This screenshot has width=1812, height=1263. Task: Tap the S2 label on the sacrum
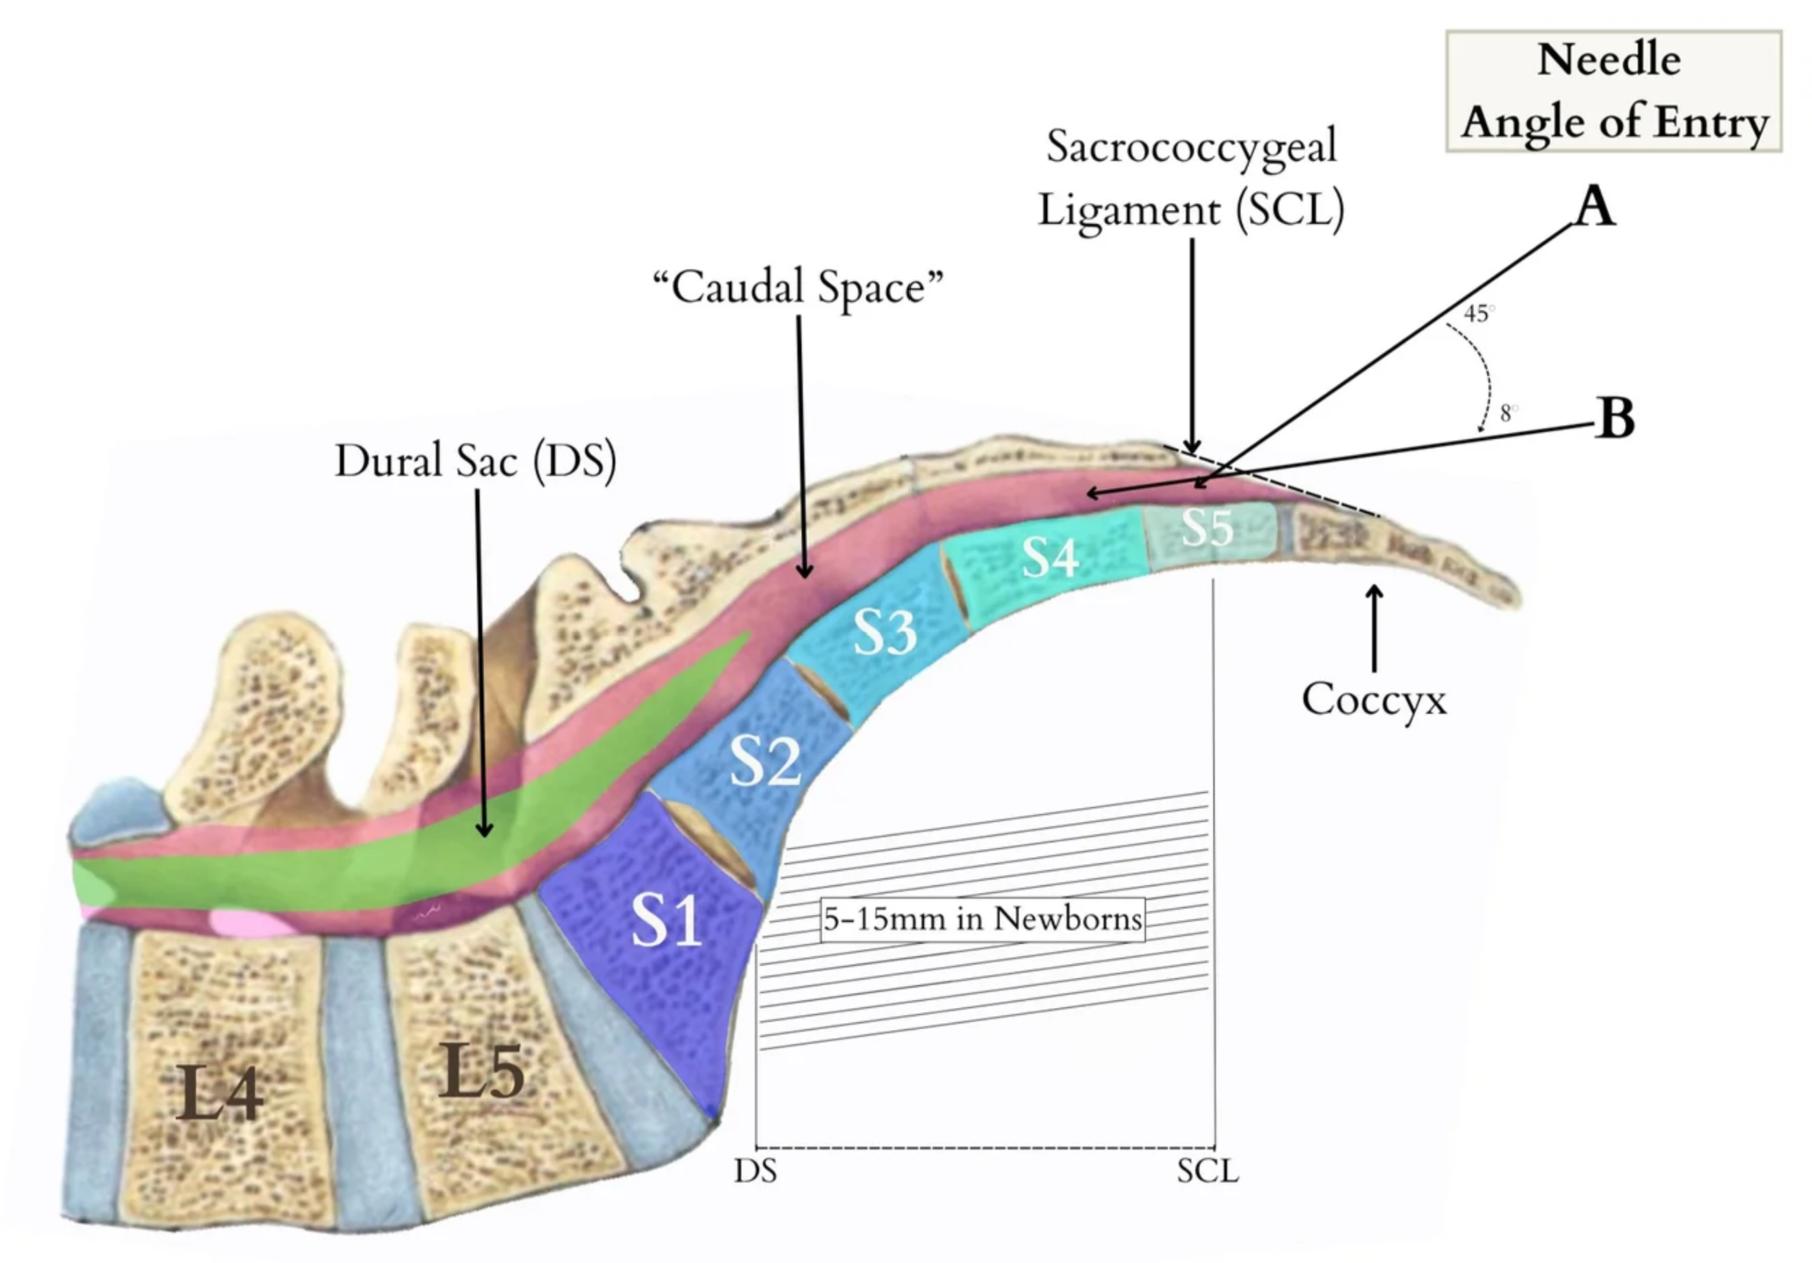764,761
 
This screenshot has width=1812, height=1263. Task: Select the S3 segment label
886,631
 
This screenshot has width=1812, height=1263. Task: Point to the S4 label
1051,557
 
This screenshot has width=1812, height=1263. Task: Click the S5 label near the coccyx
1207,527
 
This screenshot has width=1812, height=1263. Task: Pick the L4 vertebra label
219,1093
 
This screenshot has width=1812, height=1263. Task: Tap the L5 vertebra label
481,1071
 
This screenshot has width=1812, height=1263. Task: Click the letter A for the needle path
1595,206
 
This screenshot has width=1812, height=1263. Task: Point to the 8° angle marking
1509,412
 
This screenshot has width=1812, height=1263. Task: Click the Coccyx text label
1374,700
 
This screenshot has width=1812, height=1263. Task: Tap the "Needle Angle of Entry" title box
1614,92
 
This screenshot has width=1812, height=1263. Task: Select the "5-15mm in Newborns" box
982,918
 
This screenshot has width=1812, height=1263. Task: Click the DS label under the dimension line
755,1171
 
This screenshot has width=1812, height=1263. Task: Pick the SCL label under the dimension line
1207,1171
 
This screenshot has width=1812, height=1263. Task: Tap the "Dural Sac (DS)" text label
475,460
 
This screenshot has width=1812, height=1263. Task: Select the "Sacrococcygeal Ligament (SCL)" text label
1191,179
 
